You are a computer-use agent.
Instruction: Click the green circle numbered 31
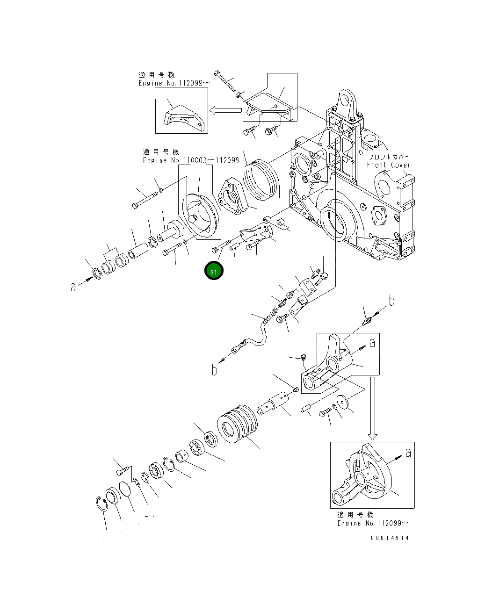(214, 271)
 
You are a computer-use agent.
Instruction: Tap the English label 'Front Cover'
(388, 165)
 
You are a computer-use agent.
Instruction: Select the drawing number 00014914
(390, 538)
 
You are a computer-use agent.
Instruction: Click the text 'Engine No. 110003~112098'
(191, 160)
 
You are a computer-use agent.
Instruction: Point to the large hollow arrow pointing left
(225, 110)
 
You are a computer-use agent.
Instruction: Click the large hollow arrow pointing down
(372, 409)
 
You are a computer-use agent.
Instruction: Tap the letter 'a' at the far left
(73, 287)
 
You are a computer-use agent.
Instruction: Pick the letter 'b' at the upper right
(391, 301)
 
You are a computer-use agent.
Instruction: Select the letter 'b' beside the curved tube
(214, 370)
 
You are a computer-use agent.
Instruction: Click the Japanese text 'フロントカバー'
(389, 157)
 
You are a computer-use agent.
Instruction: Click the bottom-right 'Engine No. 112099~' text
(373, 523)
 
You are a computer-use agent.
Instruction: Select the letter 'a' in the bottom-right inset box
(408, 452)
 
